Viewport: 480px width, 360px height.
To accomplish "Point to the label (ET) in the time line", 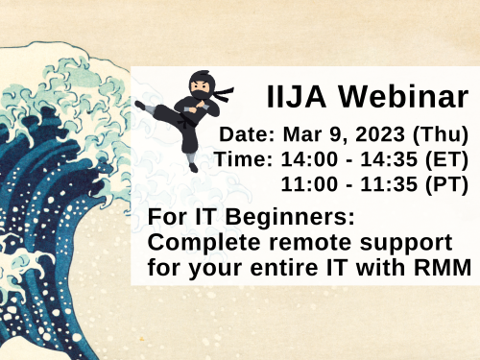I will tap(449, 158).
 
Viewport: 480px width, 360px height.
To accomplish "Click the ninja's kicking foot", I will tap(141, 106).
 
